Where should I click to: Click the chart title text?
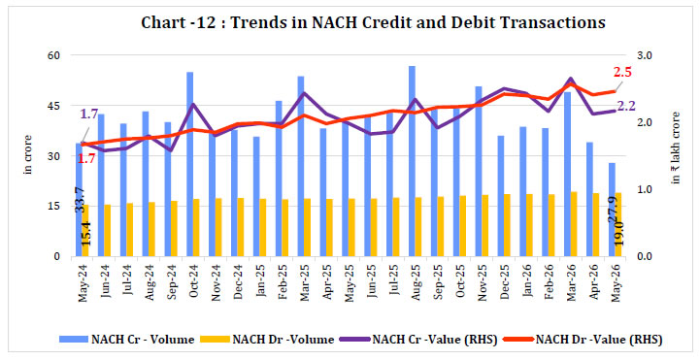point(373,22)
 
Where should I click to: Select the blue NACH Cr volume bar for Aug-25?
point(412,161)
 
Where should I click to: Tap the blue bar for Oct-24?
point(189,164)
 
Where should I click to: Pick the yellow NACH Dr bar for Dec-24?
point(241,227)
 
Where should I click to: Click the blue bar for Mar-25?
point(301,166)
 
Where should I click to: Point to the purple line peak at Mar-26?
point(571,79)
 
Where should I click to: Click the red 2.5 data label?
point(622,72)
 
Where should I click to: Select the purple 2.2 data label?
point(626,106)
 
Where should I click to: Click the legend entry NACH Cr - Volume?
point(127,340)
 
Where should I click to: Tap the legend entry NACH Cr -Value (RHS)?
point(418,340)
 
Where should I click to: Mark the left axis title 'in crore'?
point(28,154)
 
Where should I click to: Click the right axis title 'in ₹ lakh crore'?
point(676,147)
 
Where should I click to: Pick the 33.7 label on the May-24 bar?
point(80,199)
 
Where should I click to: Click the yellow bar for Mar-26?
point(574,224)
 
